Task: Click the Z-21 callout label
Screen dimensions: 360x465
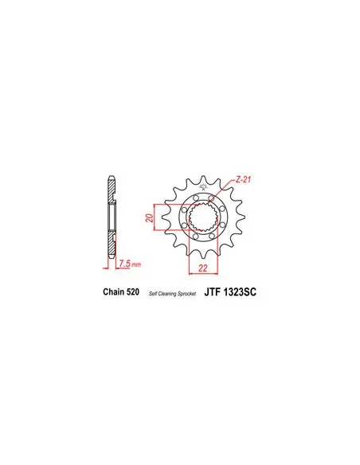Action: pos(243,179)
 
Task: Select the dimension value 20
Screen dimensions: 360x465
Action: pos(150,218)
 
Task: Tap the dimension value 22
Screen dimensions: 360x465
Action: pos(203,268)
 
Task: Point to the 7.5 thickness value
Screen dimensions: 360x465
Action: pos(124,263)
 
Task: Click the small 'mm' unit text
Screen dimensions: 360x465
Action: pos(136,264)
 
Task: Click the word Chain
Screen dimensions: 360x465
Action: pos(114,291)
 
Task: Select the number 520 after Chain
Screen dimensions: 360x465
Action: pos(133,291)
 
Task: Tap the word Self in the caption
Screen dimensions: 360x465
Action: pos(153,294)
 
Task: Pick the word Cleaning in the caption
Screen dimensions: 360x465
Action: pos(168,294)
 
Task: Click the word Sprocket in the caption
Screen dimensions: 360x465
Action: pos(187,294)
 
